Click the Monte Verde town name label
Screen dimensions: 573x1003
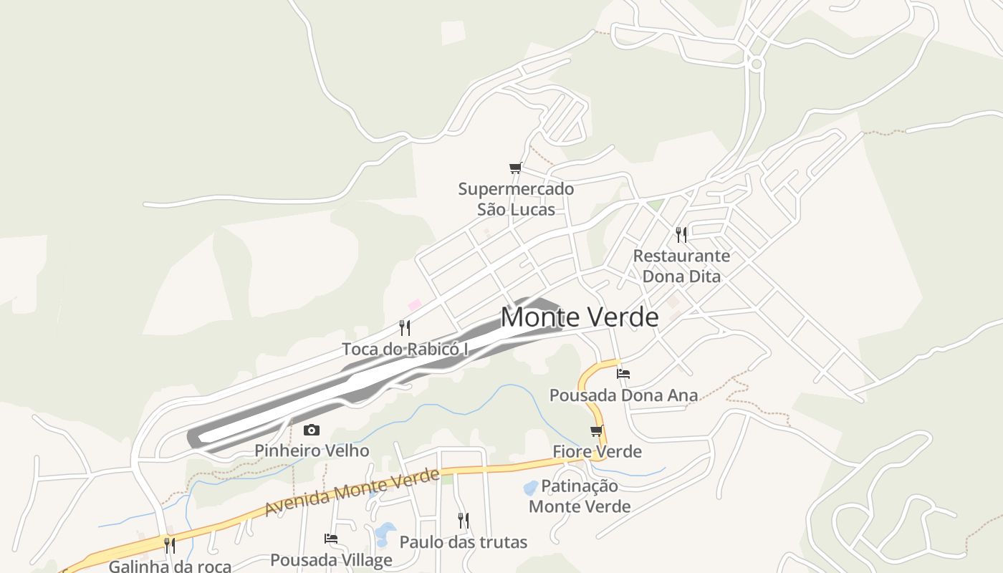pyautogui.click(x=579, y=317)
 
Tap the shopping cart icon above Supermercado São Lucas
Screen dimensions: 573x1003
pyautogui.click(x=515, y=168)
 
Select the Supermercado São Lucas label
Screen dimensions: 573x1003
pyautogui.click(x=516, y=199)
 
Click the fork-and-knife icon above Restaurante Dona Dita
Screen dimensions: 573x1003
pyautogui.click(x=681, y=234)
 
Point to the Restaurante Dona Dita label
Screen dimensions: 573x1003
pyautogui.click(x=681, y=266)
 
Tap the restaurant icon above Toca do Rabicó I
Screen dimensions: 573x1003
pyautogui.click(x=405, y=328)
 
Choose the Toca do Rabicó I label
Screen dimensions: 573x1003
pyautogui.click(x=405, y=349)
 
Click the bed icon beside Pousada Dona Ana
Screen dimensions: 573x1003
pyautogui.click(x=623, y=374)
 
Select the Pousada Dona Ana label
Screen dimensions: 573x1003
pyautogui.click(x=623, y=395)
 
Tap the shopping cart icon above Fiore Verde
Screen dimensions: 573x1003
pyautogui.click(x=597, y=430)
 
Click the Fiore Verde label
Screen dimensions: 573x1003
pyautogui.click(x=597, y=451)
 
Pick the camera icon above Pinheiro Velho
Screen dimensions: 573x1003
pyautogui.click(x=311, y=430)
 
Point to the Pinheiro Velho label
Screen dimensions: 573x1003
pyautogui.click(x=312, y=451)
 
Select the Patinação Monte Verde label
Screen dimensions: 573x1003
pyautogui.click(x=580, y=496)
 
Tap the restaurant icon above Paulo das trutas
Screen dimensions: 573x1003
pyautogui.click(x=464, y=521)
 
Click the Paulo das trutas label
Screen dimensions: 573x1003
pyautogui.click(x=463, y=542)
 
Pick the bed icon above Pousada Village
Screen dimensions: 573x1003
pyautogui.click(x=331, y=539)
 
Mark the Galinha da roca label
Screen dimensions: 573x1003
pyautogui.click(x=170, y=566)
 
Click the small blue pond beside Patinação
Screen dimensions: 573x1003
pyautogui.click(x=530, y=488)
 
